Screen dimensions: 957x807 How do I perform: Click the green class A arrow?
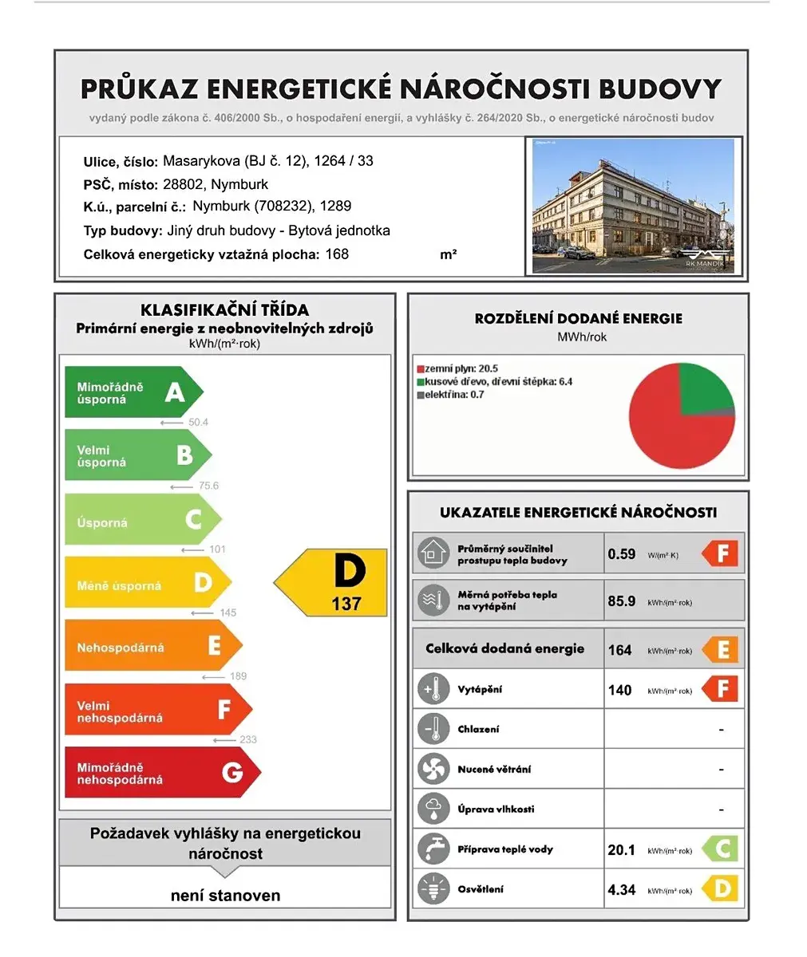(x=132, y=392)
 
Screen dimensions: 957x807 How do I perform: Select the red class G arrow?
(x=160, y=773)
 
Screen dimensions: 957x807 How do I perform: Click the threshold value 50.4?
(x=198, y=423)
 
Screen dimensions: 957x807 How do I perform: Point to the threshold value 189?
(x=238, y=676)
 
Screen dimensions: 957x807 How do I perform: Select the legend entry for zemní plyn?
(x=457, y=368)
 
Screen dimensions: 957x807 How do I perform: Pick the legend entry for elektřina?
(x=450, y=395)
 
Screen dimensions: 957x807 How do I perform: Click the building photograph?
(x=633, y=207)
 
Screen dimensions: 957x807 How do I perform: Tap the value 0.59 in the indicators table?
(x=622, y=554)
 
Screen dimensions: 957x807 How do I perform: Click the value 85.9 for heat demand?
(x=622, y=601)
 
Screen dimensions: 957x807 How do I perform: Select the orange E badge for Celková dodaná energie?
(x=722, y=650)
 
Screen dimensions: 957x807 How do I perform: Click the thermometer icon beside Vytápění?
(x=433, y=689)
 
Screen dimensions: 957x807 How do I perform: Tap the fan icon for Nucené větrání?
(x=433, y=769)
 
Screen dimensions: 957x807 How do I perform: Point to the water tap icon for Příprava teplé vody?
(x=433, y=849)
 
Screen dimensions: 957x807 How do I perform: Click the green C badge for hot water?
(x=722, y=849)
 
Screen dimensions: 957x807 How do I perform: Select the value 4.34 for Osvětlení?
(x=622, y=890)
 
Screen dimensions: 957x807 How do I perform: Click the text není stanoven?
(x=225, y=896)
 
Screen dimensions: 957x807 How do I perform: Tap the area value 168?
(x=337, y=254)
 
